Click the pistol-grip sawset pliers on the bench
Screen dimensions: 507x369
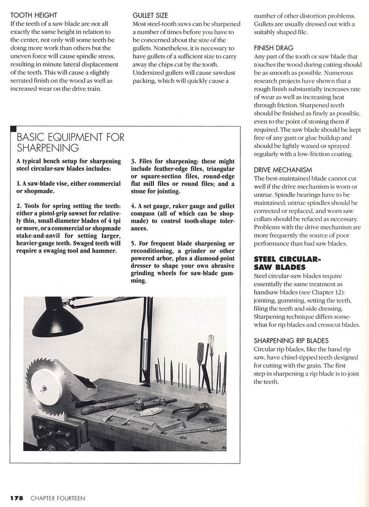click(191, 410)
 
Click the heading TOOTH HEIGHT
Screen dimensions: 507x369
click(33, 15)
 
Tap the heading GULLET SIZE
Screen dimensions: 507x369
click(150, 15)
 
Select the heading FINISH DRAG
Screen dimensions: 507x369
click(273, 48)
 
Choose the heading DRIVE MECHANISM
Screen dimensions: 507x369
click(283, 170)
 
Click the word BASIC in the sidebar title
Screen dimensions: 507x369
click(30, 138)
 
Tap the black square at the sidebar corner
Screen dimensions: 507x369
click(13, 129)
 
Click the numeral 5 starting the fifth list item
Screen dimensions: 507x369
click(133, 243)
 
